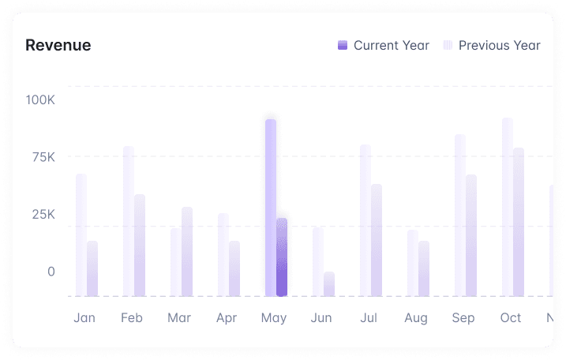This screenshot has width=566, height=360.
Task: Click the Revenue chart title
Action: tap(58, 46)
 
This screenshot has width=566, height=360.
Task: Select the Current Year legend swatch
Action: tap(343, 46)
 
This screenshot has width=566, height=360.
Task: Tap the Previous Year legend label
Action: tap(499, 46)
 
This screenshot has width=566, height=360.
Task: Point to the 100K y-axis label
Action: tap(40, 100)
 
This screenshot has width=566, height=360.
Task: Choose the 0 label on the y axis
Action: tap(51, 272)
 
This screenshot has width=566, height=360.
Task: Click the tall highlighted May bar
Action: tap(271, 207)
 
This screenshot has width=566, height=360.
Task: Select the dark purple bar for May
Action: tap(282, 257)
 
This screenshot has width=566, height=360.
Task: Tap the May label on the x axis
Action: tap(273, 318)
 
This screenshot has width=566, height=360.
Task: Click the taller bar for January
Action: tap(81, 234)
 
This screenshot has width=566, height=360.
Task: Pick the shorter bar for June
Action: tap(329, 284)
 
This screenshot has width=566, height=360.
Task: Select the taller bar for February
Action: tap(129, 221)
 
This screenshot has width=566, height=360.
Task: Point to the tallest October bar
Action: tap(508, 207)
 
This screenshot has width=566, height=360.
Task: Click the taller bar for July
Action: tap(365, 219)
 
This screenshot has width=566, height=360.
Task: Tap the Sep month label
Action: tap(463, 318)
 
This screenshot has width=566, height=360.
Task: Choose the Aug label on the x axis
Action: tap(415, 318)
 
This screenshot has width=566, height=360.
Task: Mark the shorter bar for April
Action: tap(234, 268)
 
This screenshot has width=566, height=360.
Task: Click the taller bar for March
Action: tap(187, 251)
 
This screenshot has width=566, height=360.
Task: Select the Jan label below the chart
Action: tap(84, 318)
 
